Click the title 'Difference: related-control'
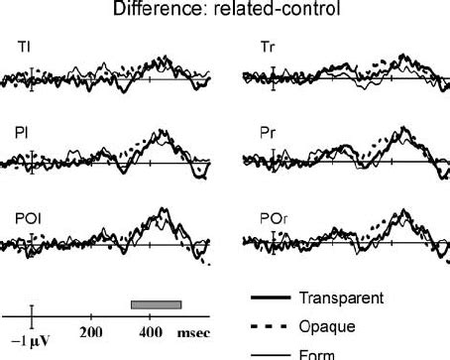point(225,10)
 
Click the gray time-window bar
point(157,302)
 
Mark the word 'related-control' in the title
point(264,10)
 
